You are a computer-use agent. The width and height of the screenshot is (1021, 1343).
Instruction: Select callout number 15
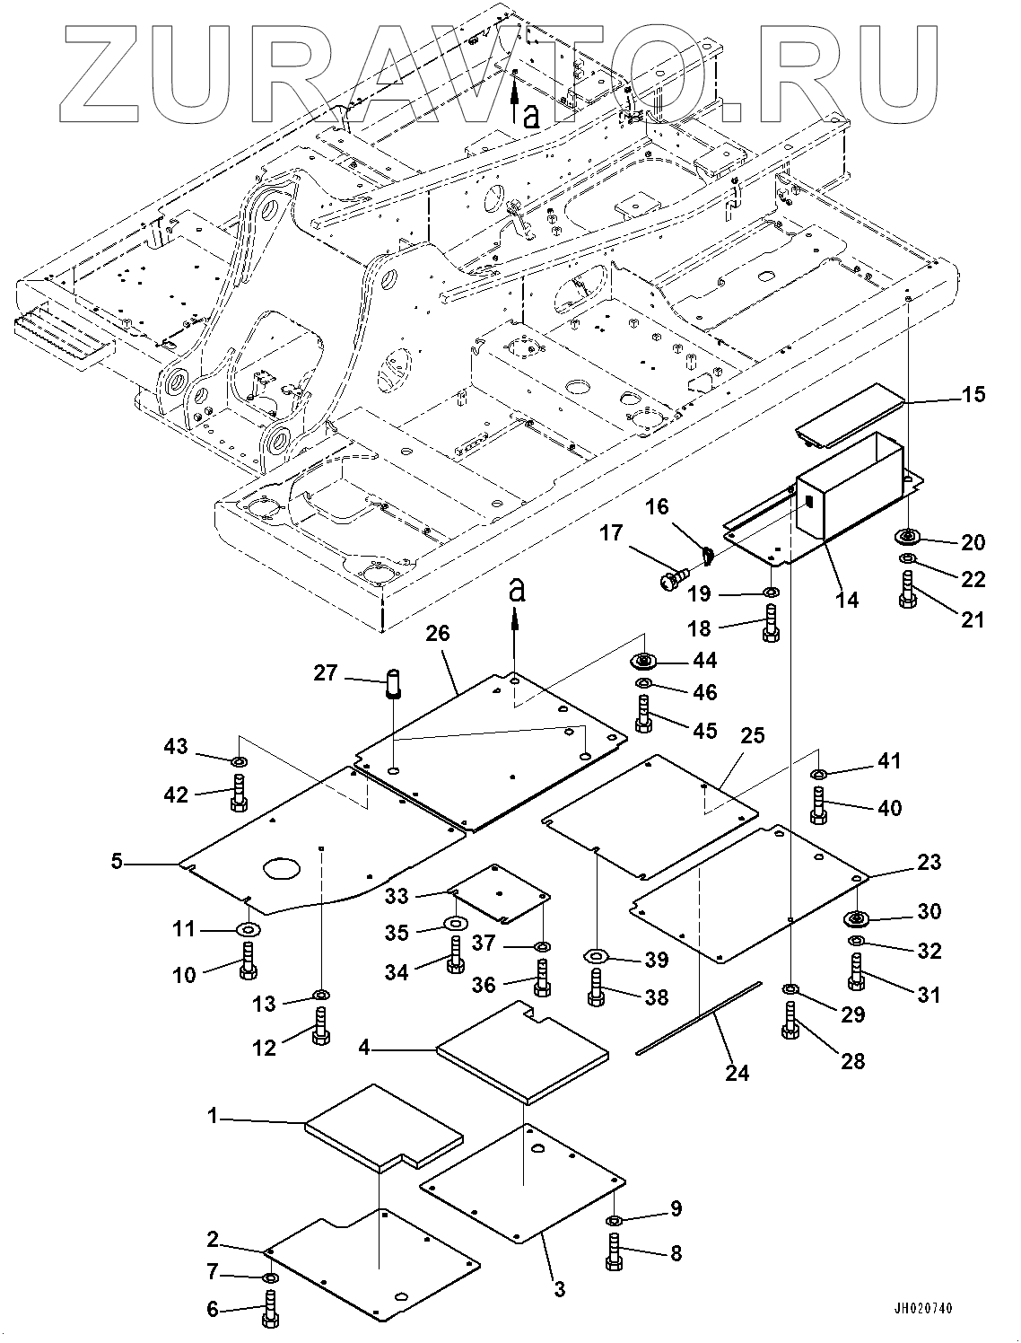tap(973, 394)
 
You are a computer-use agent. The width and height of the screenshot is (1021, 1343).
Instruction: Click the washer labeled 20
tap(908, 538)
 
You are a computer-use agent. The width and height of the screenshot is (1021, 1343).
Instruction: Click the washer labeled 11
tap(248, 928)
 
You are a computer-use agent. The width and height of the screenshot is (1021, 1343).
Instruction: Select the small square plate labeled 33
tap(502, 892)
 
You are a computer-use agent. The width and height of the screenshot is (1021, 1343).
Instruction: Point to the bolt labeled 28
tap(790, 1022)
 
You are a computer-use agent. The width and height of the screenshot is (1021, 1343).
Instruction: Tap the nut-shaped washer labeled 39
tap(595, 954)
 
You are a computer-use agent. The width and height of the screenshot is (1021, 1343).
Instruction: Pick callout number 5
tap(117, 864)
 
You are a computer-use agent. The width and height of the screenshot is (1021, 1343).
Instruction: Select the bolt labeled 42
tap(239, 794)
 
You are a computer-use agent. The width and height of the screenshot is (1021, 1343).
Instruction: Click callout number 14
tap(846, 600)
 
